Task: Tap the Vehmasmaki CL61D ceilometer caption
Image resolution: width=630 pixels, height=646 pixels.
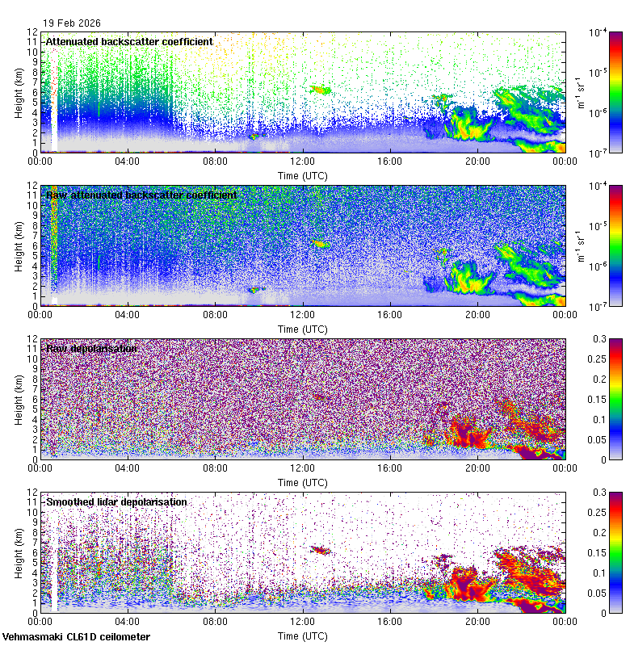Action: pos(76,637)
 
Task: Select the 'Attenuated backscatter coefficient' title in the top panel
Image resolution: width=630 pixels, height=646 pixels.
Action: pos(129,41)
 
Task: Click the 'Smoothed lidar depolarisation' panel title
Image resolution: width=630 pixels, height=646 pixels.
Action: pos(116,502)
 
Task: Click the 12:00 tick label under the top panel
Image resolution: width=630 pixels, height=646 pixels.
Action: pos(303,161)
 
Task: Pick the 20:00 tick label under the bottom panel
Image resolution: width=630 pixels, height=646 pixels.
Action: pos(477,622)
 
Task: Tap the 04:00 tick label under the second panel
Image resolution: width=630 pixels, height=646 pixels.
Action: pos(128,315)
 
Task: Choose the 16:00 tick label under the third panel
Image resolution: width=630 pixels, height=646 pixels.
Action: pos(390,468)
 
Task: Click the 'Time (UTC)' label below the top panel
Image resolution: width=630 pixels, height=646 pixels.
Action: pos(303,174)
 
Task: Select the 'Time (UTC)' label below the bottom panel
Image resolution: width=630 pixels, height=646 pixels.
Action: pos(303,636)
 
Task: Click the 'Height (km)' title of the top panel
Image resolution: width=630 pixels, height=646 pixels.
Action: pos(18,92)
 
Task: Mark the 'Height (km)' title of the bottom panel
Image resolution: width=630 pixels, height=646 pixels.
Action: pos(18,552)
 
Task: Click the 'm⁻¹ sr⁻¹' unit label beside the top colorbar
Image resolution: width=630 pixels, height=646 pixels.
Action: pos(580,92)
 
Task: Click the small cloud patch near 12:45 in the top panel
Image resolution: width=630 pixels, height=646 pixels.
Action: pos(321,90)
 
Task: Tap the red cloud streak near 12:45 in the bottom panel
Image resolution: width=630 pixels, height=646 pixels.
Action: pos(321,550)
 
